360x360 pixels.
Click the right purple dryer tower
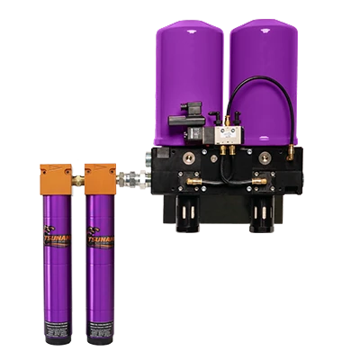tap(265, 72)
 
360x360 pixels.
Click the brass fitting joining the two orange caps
tap(77, 180)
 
